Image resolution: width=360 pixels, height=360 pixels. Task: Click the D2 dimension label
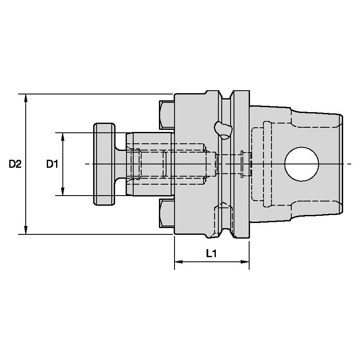coord(15,164)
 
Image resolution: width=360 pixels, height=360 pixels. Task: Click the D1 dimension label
coord(52,164)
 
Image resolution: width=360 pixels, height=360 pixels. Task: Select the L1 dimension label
coord(211,253)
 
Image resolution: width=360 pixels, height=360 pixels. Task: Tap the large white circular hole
coord(301,164)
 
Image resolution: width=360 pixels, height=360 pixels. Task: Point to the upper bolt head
coord(167,115)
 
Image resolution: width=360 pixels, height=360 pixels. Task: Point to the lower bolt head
coord(167,213)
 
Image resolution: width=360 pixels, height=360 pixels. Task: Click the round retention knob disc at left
coord(104,164)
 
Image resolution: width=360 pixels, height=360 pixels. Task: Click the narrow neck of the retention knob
coord(120,164)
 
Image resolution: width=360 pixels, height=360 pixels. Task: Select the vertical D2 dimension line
coord(26,190)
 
